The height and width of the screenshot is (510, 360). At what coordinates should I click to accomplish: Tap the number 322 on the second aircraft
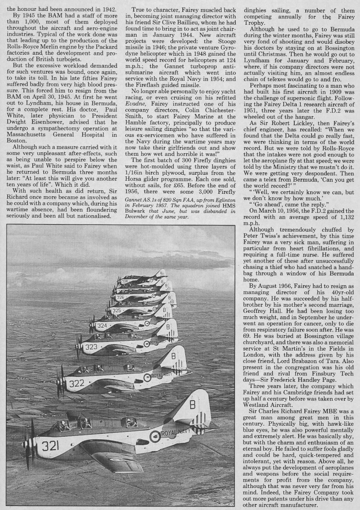coord(76,383)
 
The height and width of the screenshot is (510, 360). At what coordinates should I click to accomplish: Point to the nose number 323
coord(91,346)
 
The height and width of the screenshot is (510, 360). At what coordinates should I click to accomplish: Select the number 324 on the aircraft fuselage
coord(102,326)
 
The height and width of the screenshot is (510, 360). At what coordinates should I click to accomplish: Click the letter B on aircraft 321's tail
coord(192,404)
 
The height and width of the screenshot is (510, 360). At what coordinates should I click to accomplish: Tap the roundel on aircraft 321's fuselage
coord(155,436)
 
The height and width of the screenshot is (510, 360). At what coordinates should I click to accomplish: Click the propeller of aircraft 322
coord(60,381)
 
